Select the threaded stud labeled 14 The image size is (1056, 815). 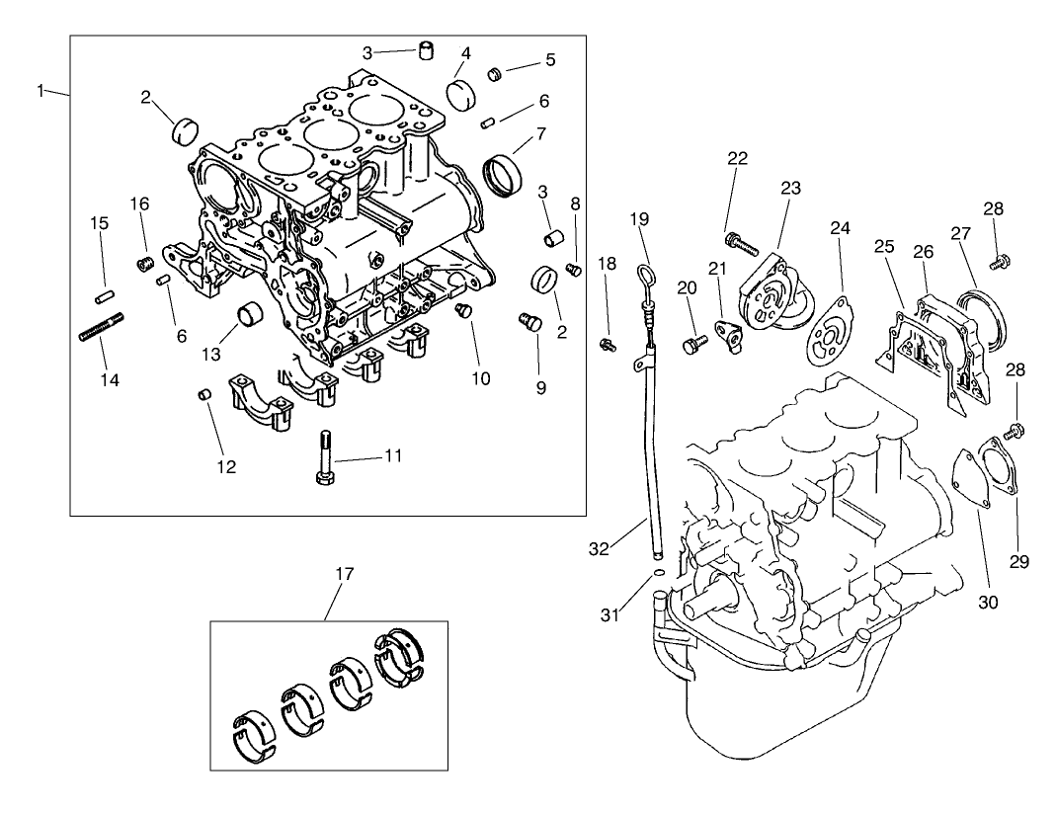(101, 327)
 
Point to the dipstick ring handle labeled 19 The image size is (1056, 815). (643, 277)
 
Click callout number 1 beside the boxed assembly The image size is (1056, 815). (41, 91)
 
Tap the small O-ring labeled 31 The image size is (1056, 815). (656, 570)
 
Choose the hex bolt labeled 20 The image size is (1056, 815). (692, 344)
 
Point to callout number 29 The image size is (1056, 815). (1019, 562)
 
